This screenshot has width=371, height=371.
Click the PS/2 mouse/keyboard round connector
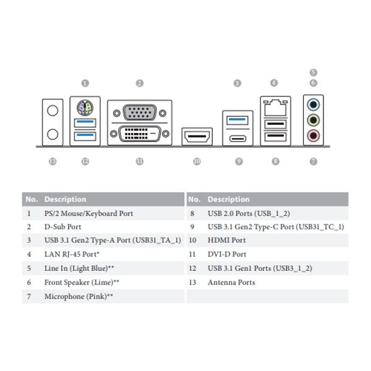click(x=85, y=108)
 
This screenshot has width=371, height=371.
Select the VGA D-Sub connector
click(x=140, y=113)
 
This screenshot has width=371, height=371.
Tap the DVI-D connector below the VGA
click(x=140, y=134)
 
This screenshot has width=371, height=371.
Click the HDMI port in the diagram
click(x=197, y=137)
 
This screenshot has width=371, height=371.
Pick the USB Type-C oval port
click(x=237, y=139)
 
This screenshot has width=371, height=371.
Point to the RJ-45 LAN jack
click(x=275, y=108)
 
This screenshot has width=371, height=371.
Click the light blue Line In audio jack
click(x=313, y=104)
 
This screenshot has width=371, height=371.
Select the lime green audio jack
click(x=313, y=120)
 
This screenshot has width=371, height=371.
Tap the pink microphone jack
click(x=313, y=136)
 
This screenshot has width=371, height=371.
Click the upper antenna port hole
click(x=53, y=111)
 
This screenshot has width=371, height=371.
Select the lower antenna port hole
click(x=53, y=134)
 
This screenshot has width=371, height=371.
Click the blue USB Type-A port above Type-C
click(x=237, y=121)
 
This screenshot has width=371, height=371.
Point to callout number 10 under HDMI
click(x=197, y=161)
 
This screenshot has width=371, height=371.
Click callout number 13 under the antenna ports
click(x=53, y=161)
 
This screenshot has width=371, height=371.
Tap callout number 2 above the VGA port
click(x=140, y=83)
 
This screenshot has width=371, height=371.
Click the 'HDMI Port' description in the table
click(x=227, y=240)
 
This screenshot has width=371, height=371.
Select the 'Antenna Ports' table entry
click(x=231, y=283)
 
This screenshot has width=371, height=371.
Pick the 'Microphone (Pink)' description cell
click(x=79, y=296)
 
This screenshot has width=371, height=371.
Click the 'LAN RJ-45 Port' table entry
click(x=72, y=254)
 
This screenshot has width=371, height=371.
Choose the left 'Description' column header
click(x=66, y=199)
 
